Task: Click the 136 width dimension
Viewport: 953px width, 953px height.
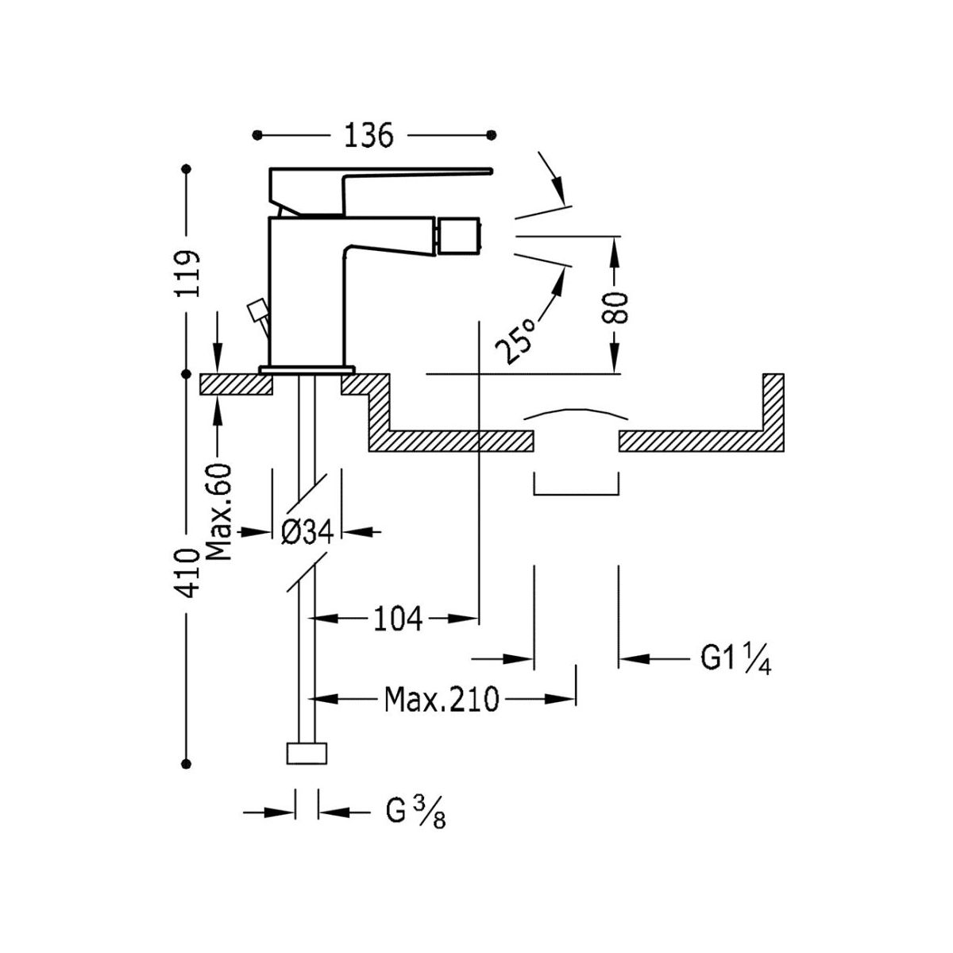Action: point(369,136)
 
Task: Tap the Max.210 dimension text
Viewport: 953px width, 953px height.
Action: point(442,700)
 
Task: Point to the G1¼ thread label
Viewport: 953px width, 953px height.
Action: point(735,658)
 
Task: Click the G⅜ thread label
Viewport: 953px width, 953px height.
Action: point(415,812)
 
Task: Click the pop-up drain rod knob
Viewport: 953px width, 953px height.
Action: point(257,310)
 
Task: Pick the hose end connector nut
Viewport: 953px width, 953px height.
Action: point(307,753)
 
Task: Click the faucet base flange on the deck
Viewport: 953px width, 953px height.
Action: point(307,369)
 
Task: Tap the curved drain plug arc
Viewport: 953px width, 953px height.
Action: point(576,414)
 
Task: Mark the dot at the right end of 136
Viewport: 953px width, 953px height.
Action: point(492,134)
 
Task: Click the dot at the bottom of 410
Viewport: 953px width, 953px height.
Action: point(187,764)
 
